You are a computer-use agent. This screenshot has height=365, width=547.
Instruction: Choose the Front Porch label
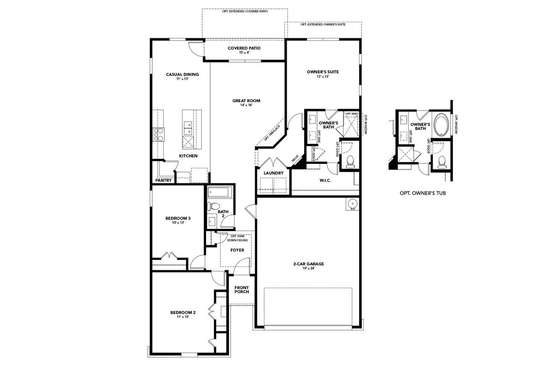[241, 290]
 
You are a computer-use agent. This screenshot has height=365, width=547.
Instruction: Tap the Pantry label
[163, 181]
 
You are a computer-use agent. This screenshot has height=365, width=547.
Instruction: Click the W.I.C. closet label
[325, 180]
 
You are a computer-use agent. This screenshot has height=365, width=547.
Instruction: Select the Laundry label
[273, 173]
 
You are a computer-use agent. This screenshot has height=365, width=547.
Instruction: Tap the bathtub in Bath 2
[219, 193]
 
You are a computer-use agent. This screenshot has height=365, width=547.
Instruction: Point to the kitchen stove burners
[159, 134]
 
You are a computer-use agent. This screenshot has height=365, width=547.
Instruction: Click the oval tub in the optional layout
[441, 125]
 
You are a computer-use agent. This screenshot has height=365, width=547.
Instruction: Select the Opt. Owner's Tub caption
[422, 193]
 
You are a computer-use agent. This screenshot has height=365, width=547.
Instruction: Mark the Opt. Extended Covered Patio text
[245, 11]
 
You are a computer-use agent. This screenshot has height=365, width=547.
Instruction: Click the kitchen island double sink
[188, 126]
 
